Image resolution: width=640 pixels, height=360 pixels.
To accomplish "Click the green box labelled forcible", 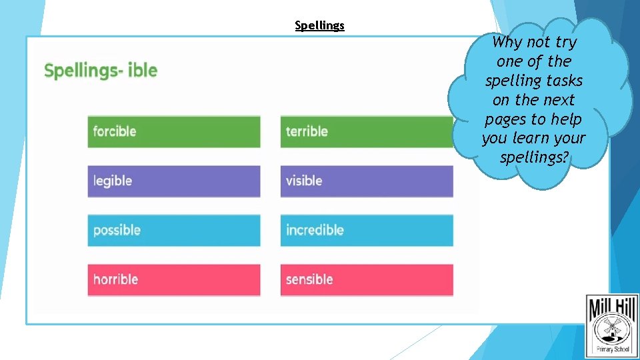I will click(x=173, y=131).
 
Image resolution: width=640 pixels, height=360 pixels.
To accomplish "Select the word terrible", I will click(x=307, y=131).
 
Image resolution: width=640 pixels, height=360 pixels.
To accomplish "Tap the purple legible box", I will click(x=173, y=181).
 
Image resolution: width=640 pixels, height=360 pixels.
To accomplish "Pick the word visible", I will click(x=304, y=181).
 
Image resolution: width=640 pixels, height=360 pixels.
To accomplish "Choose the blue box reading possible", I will click(x=173, y=230).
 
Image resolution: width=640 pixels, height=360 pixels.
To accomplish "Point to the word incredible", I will click(x=315, y=230).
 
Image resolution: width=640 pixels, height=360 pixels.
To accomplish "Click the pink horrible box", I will click(x=173, y=279).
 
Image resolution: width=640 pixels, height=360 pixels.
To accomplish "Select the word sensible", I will click(x=309, y=279).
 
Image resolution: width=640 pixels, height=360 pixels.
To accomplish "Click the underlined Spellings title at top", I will click(x=319, y=26).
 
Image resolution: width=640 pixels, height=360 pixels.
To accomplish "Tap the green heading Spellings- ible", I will click(x=101, y=71).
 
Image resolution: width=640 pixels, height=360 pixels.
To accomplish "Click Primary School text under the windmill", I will click(x=612, y=348).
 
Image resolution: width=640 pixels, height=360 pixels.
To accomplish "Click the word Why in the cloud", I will click(x=507, y=42).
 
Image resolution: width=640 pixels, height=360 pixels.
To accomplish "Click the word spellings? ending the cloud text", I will click(x=533, y=158).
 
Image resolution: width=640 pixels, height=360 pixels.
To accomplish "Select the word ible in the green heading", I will click(x=142, y=71).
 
